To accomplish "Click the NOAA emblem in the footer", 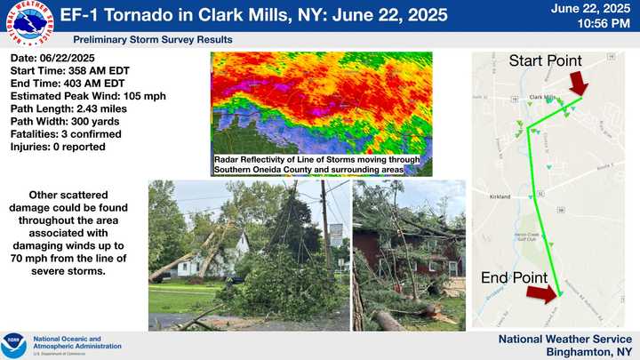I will [x=14, y=344].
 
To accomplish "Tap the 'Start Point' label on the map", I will [x=545, y=61].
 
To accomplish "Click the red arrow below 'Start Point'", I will [x=579, y=85].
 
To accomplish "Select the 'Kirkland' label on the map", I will [x=499, y=196].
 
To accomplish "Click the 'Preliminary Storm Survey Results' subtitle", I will [x=153, y=40].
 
